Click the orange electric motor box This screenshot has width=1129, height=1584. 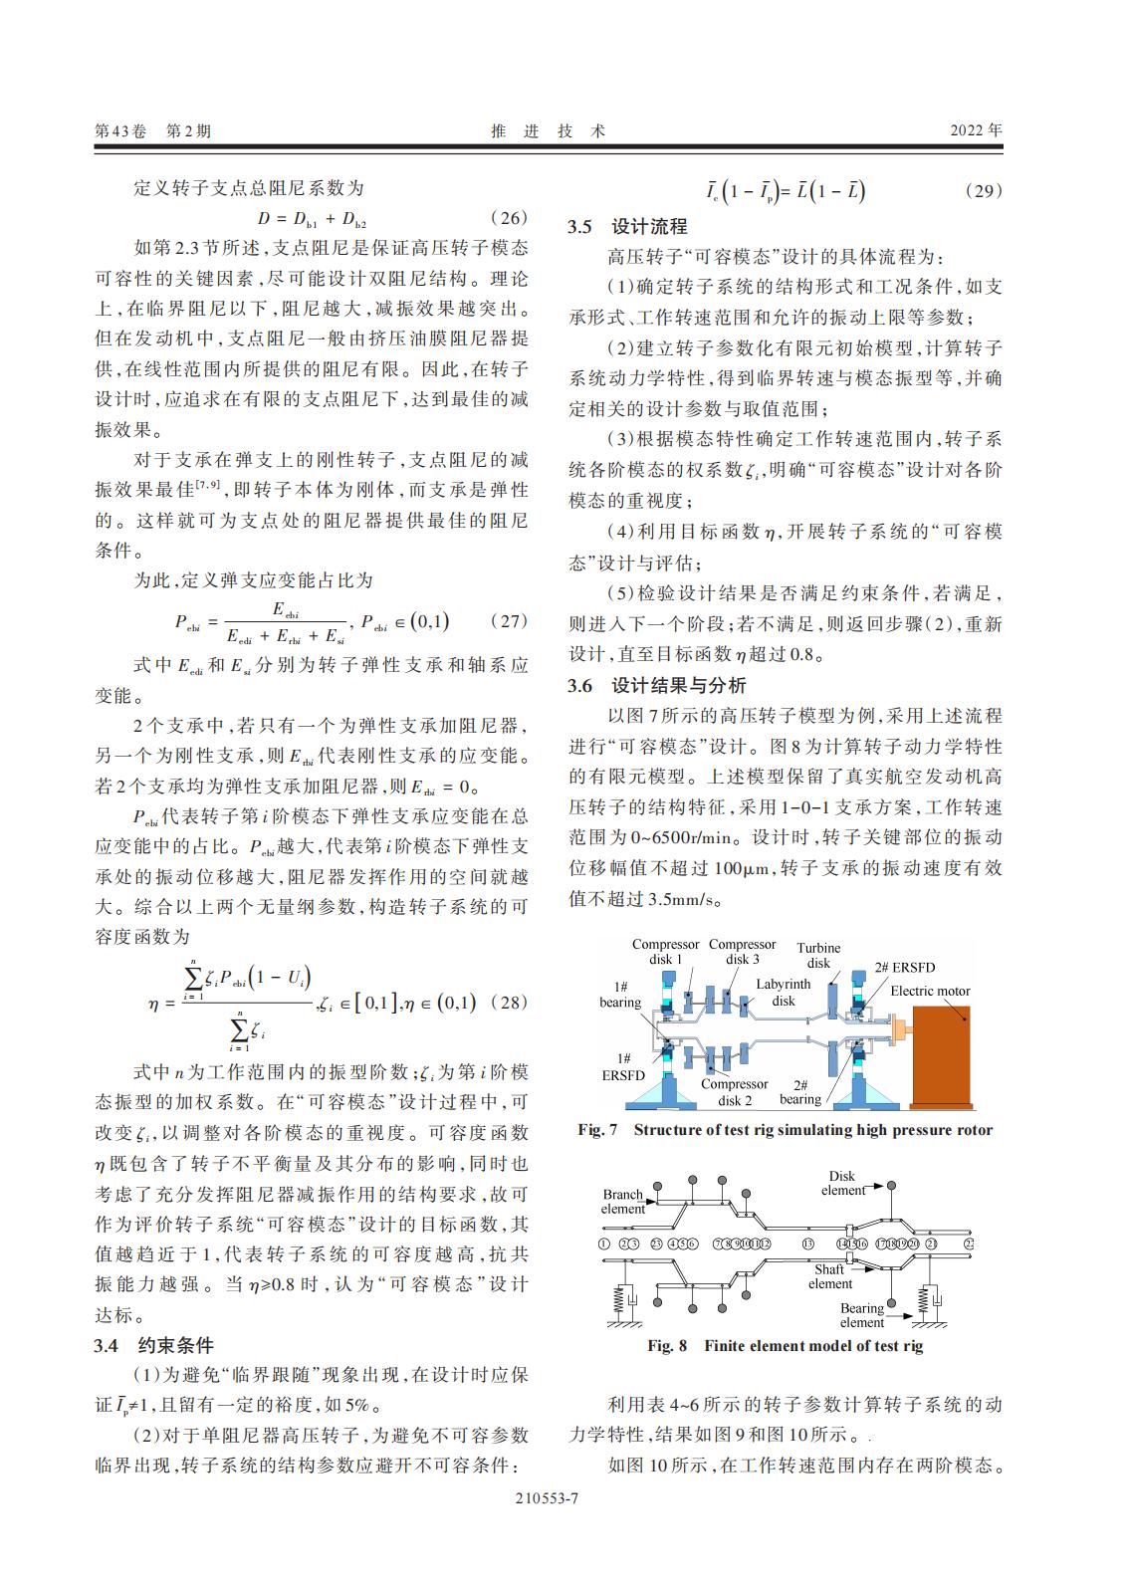(941, 1055)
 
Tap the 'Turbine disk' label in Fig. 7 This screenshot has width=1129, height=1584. (818, 955)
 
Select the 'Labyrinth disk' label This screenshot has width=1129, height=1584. (783, 992)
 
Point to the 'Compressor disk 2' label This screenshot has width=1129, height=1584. (734, 1091)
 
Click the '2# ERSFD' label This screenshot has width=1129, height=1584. (904, 967)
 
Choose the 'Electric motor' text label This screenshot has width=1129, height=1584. (929, 991)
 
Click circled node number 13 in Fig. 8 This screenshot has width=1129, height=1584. (807, 1244)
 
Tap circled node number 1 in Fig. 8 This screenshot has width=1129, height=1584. (604, 1244)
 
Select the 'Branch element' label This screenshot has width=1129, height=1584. (623, 1202)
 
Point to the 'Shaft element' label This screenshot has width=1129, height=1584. (829, 1276)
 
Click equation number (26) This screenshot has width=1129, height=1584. (509, 218)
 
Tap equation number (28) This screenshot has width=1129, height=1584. (509, 1002)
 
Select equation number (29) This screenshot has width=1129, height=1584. (984, 190)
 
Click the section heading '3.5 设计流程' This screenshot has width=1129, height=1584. (627, 226)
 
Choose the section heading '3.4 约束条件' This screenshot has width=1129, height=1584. (154, 1345)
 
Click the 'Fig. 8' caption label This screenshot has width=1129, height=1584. (667, 1346)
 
